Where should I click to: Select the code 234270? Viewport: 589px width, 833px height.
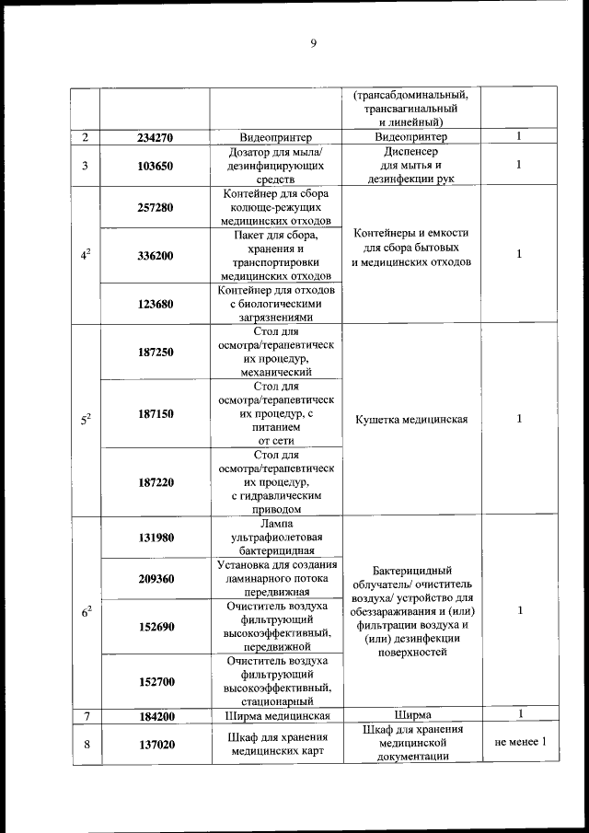pos(156,138)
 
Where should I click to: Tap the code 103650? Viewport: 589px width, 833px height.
pos(156,167)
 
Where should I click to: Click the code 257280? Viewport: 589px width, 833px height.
pos(156,208)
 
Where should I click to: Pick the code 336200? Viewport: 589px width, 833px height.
pos(156,256)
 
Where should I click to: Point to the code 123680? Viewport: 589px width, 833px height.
pos(156,304)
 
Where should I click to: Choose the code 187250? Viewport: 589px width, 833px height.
pos(156,353)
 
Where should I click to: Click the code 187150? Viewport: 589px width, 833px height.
pos(156,414)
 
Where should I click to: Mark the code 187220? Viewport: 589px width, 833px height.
pos(156,481)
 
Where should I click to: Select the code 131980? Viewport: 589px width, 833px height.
pos(156,538)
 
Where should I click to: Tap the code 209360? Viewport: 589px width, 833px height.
pos(156,579)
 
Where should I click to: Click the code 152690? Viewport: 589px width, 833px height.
pos(156,626)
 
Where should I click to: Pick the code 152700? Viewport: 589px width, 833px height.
pos(156,681)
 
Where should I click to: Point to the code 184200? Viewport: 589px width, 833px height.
pos(156,715)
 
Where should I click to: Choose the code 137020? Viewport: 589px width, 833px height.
pos(156,745)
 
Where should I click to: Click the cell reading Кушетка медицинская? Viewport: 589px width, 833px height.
pos(410,420)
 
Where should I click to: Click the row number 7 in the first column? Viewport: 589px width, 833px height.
pos(85,715)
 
